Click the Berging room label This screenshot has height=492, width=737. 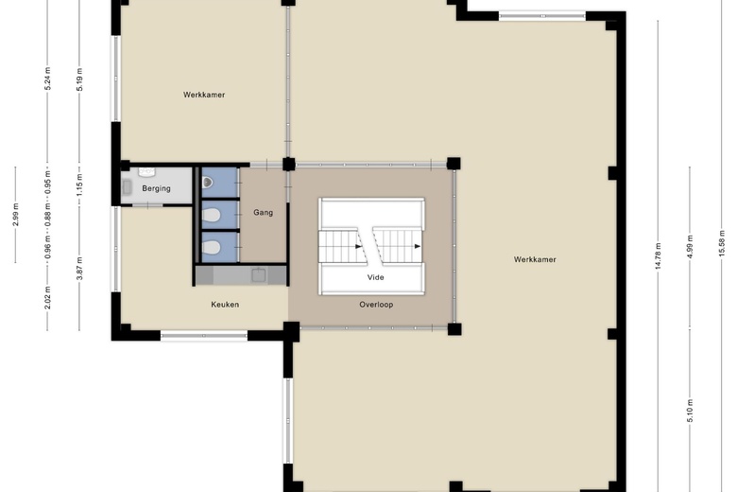pos(156,188)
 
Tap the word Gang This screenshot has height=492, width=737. pos(264,212)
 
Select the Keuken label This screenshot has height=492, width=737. pos(225,304)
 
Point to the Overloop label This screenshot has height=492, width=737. pos(376,304)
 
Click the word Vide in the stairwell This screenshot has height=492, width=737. pos(375,277)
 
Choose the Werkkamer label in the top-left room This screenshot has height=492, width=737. pos(204,95)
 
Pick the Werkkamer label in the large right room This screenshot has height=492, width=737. pos(535,259)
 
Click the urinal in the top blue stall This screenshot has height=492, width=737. pos(207,182)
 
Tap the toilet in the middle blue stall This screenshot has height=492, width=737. pos(211,215)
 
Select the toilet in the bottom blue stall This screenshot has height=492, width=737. pos(211,247)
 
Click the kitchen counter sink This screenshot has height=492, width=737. pos(259,275)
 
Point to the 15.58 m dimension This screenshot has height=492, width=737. pos(722,243)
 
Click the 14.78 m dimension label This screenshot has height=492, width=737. pos(658,256)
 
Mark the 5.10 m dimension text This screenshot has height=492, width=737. pos(690,411)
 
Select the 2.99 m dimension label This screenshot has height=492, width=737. pos(15,215)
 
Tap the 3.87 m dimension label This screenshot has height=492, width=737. pos(79,269)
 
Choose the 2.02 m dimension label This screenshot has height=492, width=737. pos(47,297)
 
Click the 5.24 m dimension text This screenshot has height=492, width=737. pos(47,79)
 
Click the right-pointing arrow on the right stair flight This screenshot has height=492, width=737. pos(418,246)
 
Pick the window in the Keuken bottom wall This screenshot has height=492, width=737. pos(204,336)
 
